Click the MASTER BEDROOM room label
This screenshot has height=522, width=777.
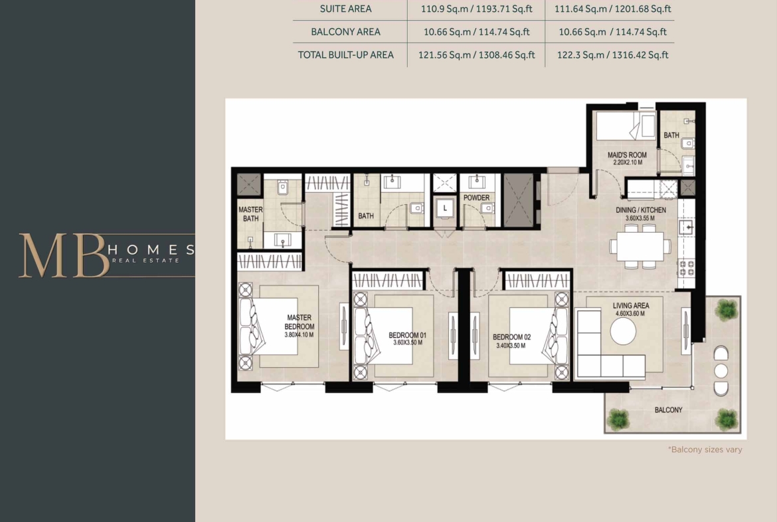coord(299,322)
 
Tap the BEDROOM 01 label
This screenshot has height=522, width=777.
coord(407,335)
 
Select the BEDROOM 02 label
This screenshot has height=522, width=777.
coord(511,337)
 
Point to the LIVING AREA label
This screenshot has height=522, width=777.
coord(630,306)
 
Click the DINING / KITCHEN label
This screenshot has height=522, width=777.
coord(641,210)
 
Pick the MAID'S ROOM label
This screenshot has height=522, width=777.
coord(627,155)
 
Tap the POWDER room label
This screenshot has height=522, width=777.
coord(476,197)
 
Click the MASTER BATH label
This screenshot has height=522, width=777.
coord(251,214)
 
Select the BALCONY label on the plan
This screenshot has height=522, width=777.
coord(668,410)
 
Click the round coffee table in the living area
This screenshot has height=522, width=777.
coord(623,331)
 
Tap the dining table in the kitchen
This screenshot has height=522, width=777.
coord(640,246)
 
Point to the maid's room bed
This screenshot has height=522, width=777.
coord(626,126)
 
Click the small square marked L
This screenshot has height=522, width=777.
coord(444,208)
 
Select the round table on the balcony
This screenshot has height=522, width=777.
coord(721,370)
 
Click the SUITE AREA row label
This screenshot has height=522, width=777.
coord(345,9)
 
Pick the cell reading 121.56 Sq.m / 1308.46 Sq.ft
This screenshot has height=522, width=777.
coord(476,55)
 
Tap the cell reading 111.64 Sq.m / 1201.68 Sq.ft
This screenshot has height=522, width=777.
coord(612,9)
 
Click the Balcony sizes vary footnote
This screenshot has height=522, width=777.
coord(705,450)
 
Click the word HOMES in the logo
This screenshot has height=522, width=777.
coord(151,249)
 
